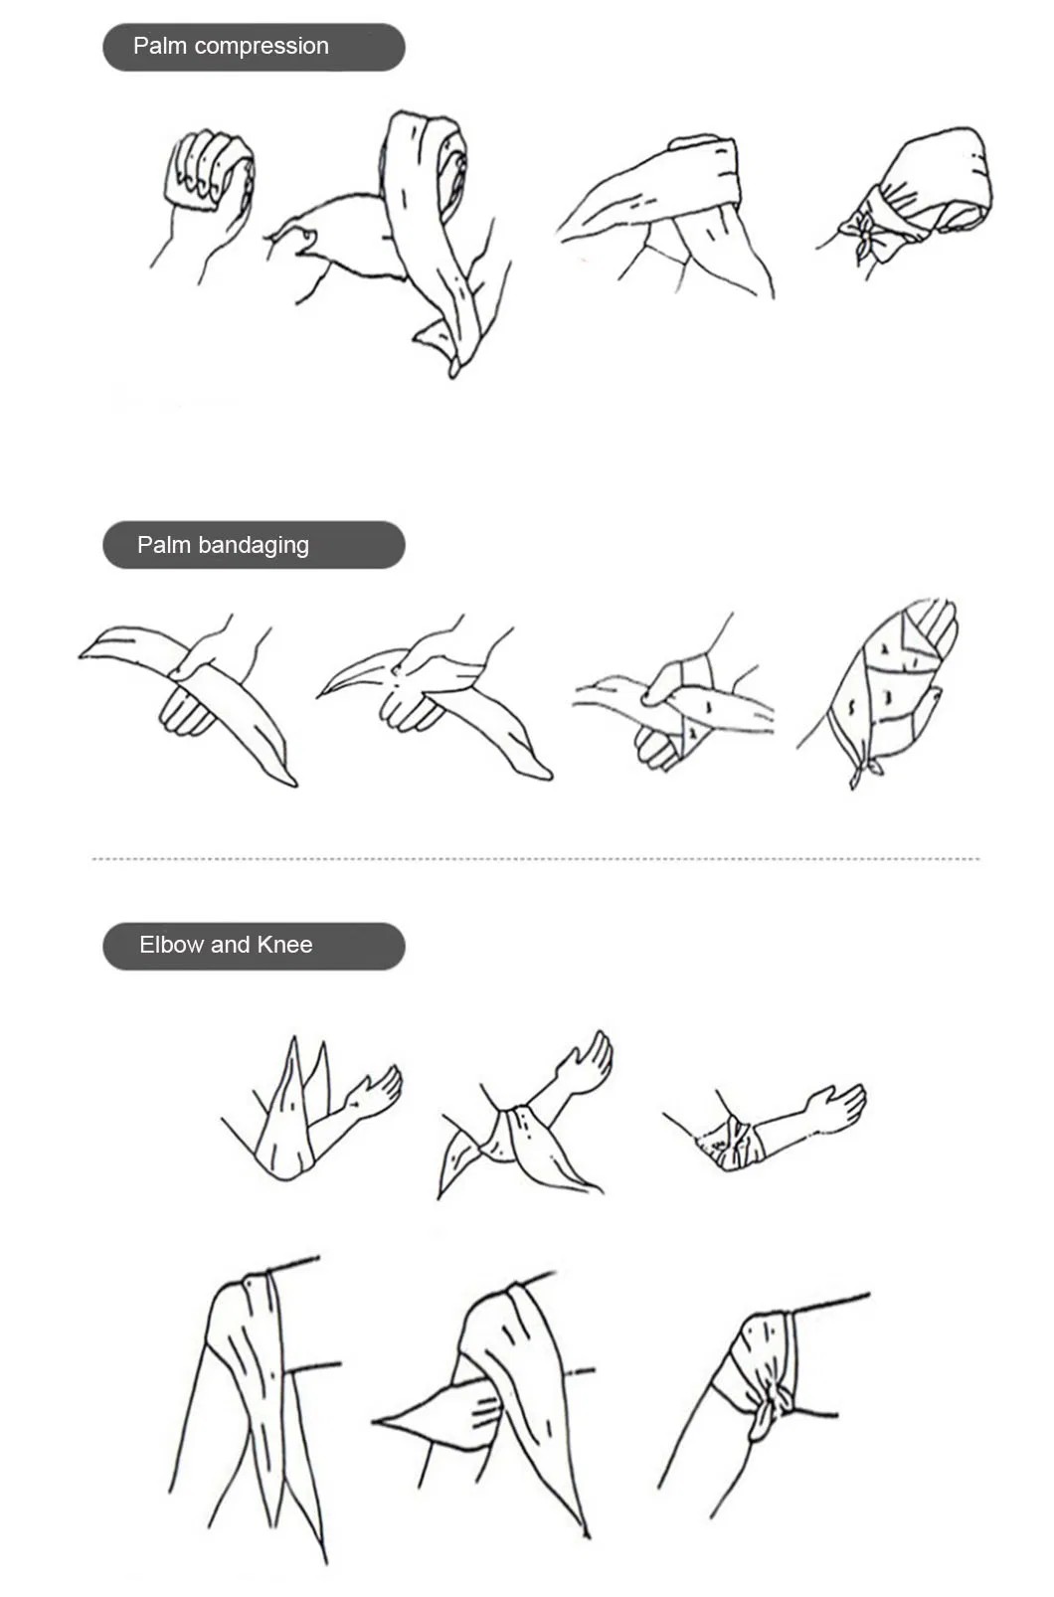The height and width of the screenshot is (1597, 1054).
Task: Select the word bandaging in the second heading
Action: coord(254,546)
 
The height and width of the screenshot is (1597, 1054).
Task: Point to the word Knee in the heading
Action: coord(284,945)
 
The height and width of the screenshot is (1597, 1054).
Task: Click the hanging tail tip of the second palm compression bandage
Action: coord(452,368)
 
